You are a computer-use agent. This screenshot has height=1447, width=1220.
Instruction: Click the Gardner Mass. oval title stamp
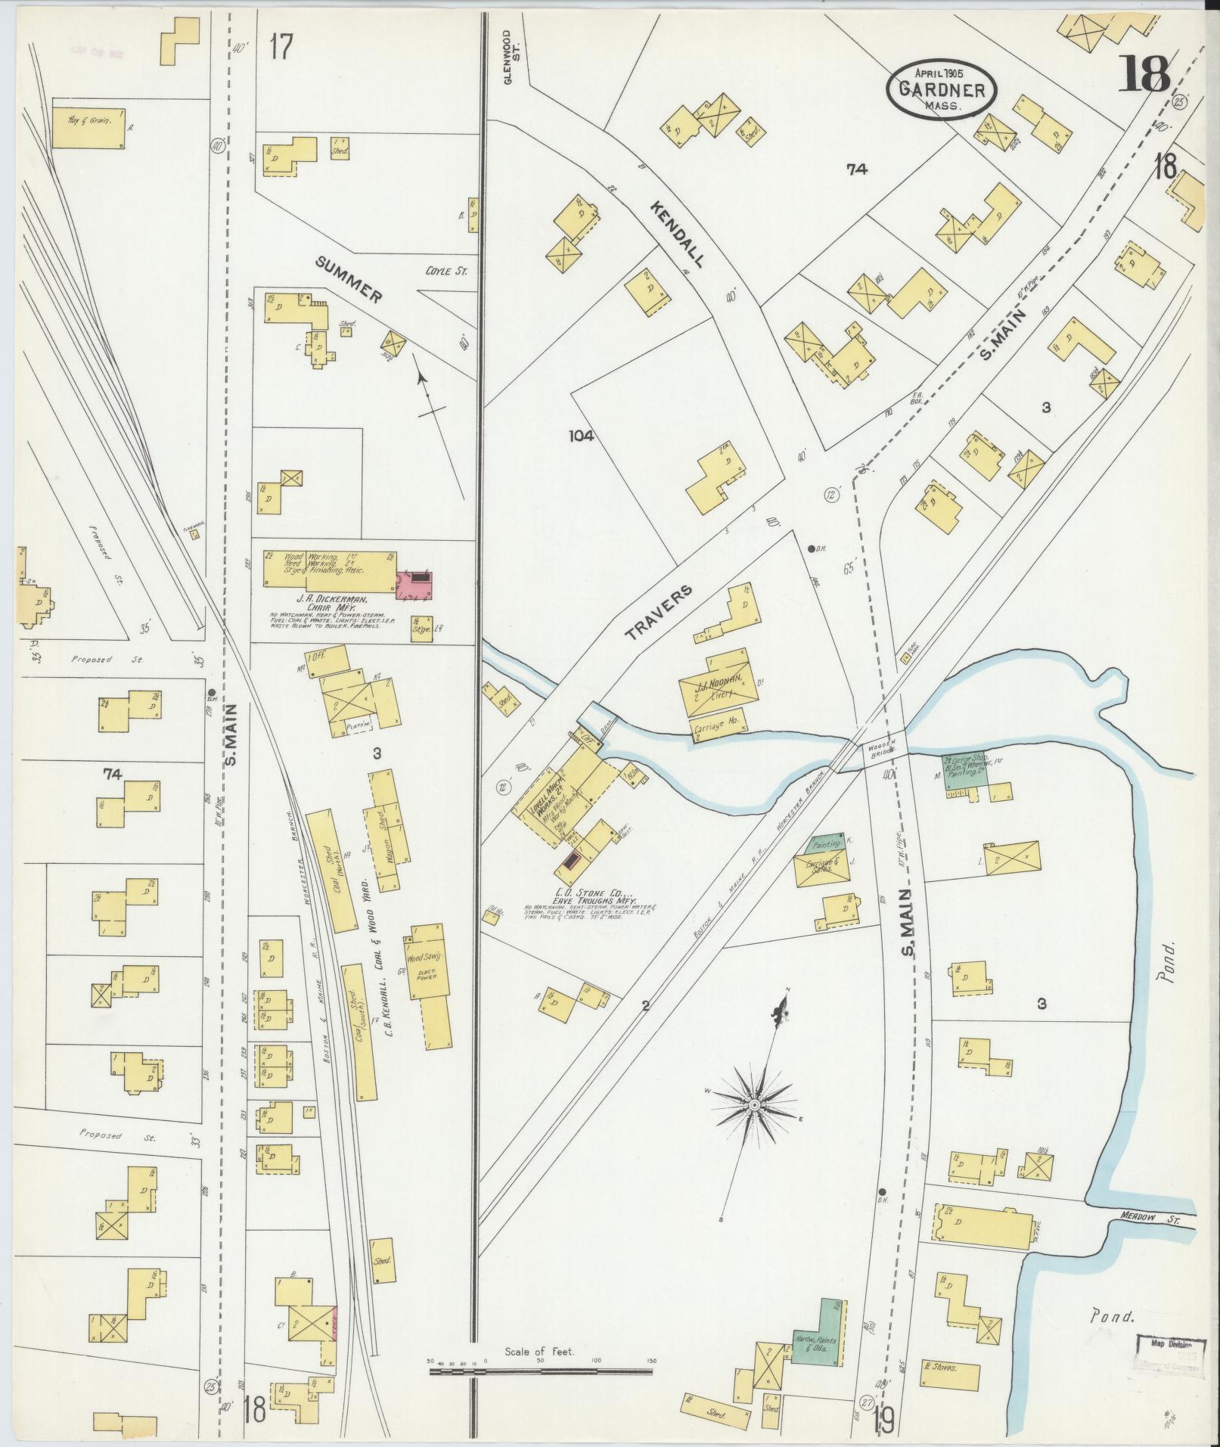[x=942, y=88]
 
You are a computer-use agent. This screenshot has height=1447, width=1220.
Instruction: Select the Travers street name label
[x=658, y=613]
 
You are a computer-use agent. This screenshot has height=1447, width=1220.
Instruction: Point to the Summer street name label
[x=348, y=279]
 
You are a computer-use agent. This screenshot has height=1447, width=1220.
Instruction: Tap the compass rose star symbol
[x=754, y=1105]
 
